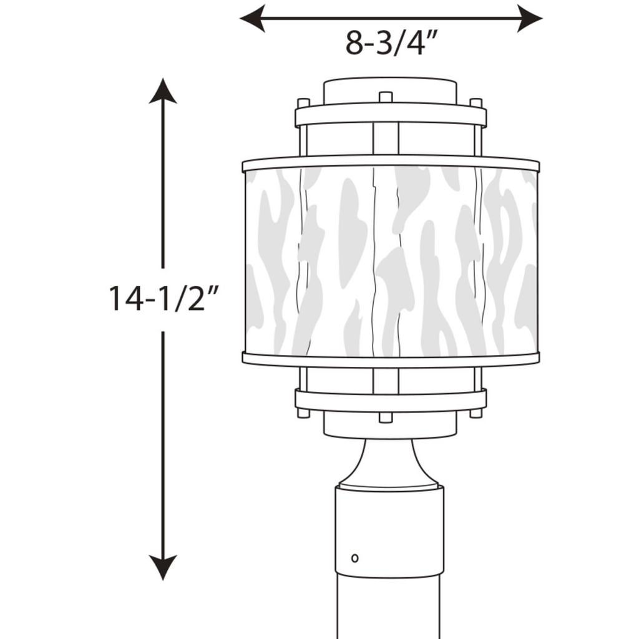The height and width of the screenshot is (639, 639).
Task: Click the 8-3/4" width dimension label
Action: pos(390,42)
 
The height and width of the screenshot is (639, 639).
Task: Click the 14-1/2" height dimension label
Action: pos(163,298)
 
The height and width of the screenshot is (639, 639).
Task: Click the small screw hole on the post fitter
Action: pos(355,557)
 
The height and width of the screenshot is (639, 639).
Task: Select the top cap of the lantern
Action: pos(390,90)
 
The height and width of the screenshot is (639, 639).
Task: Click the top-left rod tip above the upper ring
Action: pos(303,102)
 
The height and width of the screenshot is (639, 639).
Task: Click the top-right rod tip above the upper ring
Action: pos(476,102)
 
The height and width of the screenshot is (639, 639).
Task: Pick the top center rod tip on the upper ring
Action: pos(386,97)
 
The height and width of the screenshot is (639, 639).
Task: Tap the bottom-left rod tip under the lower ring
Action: pos(303,413)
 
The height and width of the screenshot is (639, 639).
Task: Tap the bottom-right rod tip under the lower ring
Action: pos(476,413)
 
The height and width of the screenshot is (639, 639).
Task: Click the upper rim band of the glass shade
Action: pos(391,163)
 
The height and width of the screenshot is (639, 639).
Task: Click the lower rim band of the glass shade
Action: pos(391,359)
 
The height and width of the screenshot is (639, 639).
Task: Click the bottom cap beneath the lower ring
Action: pos(390,427)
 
